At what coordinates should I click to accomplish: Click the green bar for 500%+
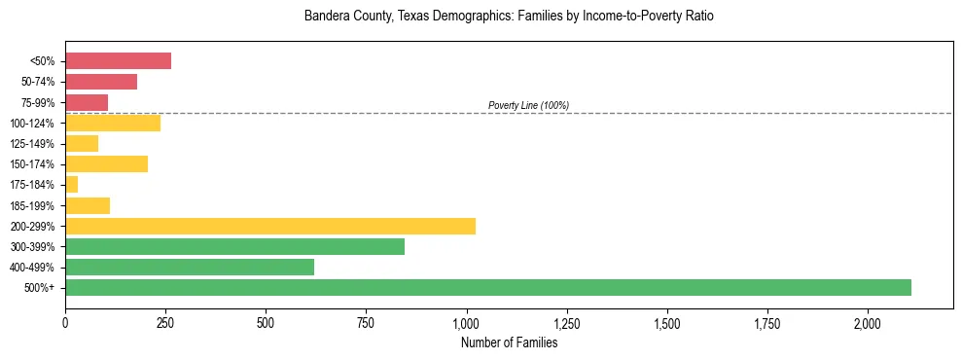(x=487, y=287)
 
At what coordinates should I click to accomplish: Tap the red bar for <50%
(x=118, y=61)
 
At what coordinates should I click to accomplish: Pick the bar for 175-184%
(x=71, y=184)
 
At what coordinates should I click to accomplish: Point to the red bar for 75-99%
(x=87, y=102)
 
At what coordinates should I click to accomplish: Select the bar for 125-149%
(x=82, y=143)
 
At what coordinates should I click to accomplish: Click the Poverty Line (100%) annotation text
(x=528, y=105)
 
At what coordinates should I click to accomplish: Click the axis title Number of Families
(x=509, y=342)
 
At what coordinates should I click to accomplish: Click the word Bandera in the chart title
(x=324, y=17)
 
